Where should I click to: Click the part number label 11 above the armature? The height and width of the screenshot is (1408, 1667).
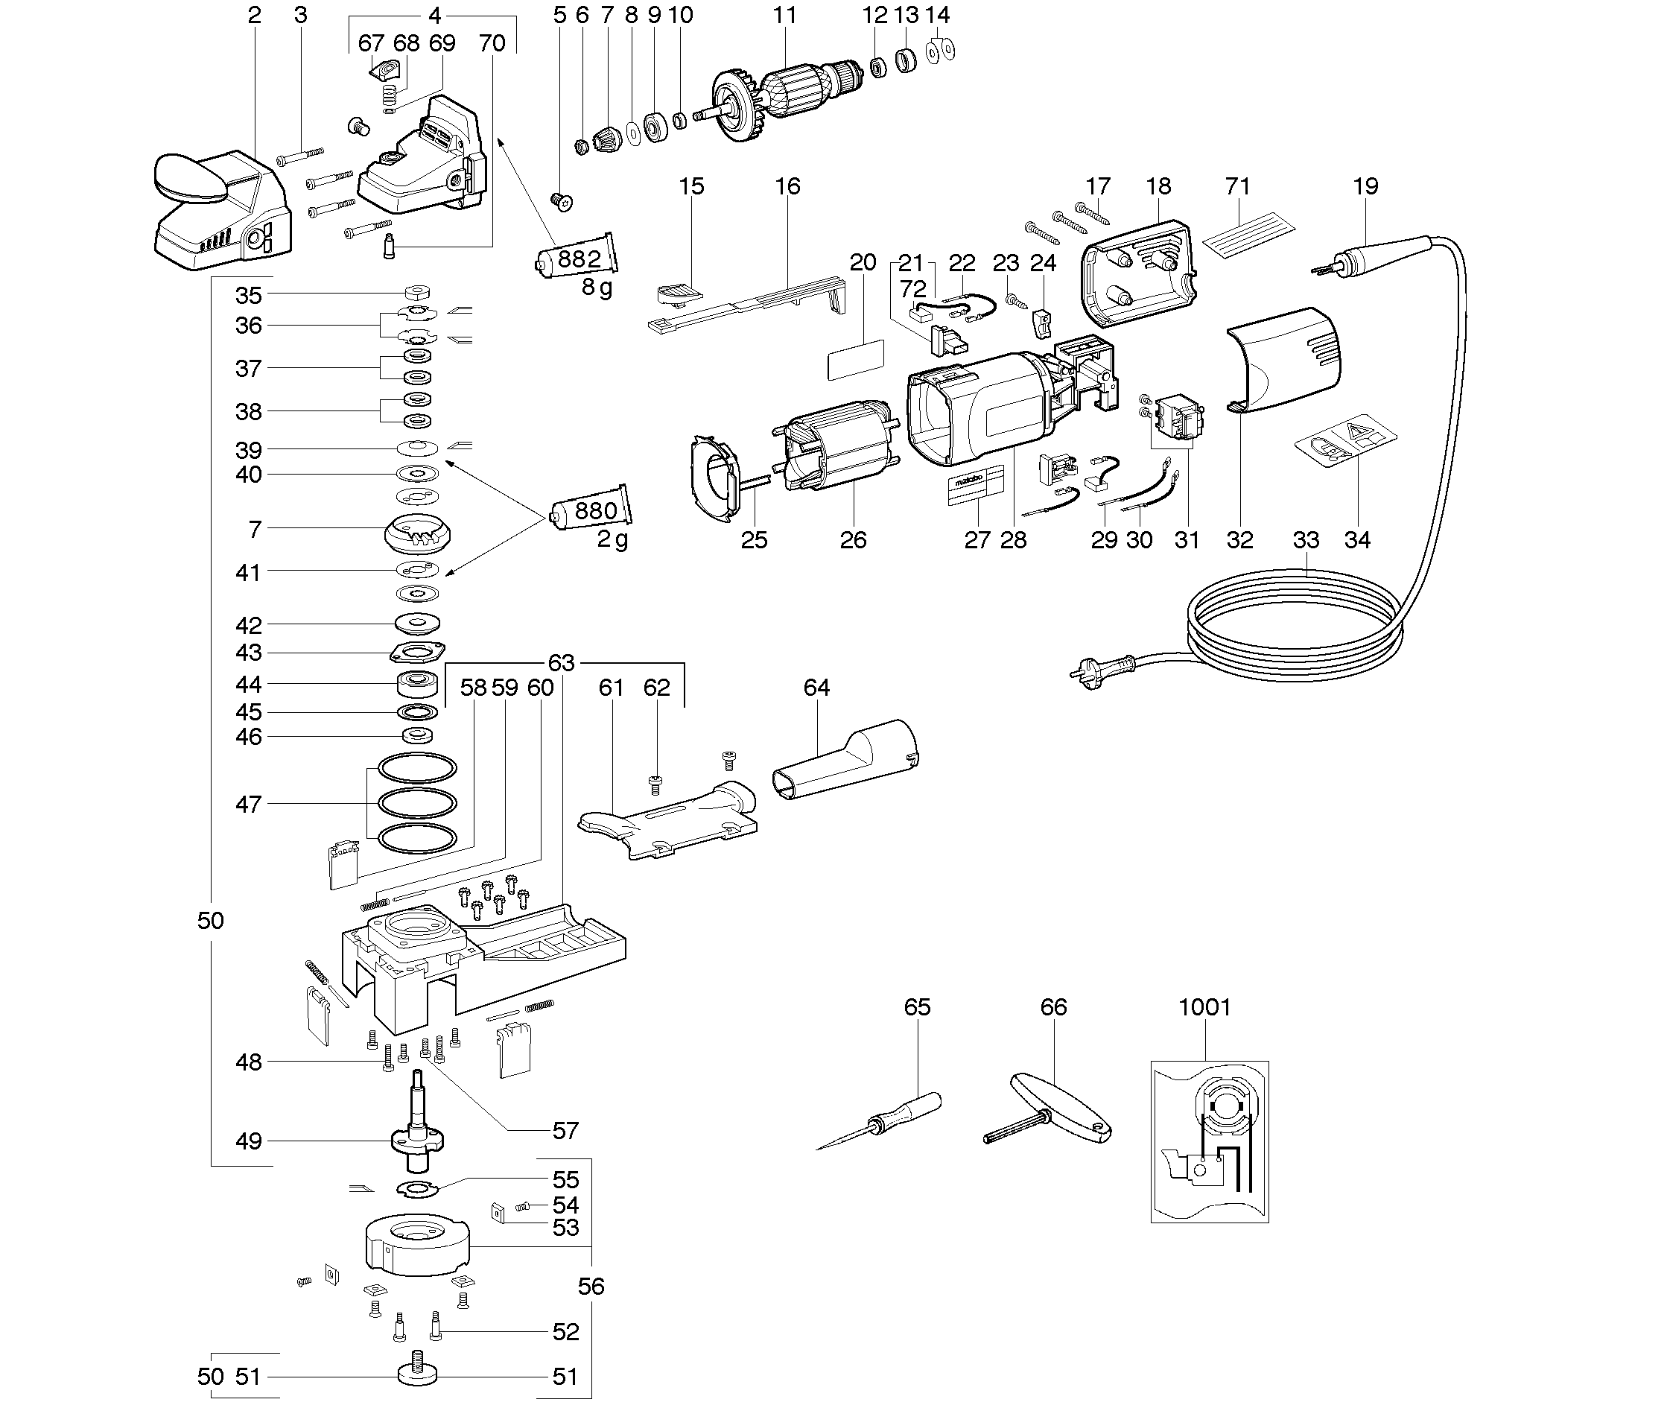point(784,15)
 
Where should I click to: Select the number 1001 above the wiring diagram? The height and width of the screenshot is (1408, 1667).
point(1204,1008)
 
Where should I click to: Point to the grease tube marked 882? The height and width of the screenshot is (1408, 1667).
point(576,257)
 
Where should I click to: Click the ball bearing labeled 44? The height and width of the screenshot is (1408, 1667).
point(417,684)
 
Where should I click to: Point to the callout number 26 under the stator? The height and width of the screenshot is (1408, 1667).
point(853,540)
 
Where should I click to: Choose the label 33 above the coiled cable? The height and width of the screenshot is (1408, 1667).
point(1306,540)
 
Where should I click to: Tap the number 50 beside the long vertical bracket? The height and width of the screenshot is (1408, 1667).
point(211,920)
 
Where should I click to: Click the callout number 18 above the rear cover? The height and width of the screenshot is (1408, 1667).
point(1158,186)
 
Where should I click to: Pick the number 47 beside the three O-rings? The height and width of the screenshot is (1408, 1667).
point(248,804)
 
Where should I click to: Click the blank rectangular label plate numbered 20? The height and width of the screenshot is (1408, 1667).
point(855,360)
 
